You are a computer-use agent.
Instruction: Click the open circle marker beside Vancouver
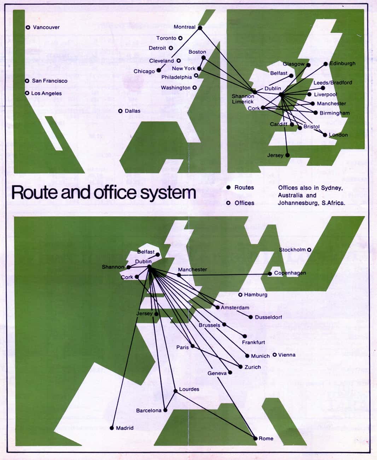pos(28,27)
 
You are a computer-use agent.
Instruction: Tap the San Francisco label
pos(50,81)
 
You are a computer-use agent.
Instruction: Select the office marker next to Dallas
pos(121,111)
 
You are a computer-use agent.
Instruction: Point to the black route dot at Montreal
pos(200,28)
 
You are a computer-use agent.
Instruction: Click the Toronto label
pos(166,38)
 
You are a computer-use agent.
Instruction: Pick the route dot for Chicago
pos(159,70)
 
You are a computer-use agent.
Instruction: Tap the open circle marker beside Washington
pos(195,87)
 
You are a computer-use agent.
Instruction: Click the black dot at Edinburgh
pos(326,64)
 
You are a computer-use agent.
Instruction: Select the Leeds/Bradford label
pos(333,82)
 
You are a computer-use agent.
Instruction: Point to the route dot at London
pos(325,135)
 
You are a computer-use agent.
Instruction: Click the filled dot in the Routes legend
pos(228,187)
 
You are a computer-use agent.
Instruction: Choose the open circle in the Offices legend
pos(228,203)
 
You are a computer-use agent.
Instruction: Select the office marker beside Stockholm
pos(309,249)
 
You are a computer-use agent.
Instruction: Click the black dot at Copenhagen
pos(270,273)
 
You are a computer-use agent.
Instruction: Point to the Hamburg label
pos(256,294)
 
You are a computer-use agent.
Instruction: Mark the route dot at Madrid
pos(112,428)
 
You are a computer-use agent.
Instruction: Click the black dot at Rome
pos(255,438)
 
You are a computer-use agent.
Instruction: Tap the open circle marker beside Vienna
pos(275,355)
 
